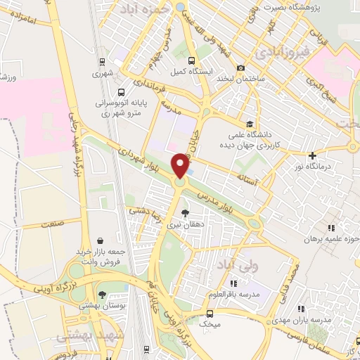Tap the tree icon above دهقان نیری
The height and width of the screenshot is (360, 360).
click(185, 212)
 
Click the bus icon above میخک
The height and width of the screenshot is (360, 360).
click(210, 314)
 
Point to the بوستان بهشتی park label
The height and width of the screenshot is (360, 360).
click(102, 305)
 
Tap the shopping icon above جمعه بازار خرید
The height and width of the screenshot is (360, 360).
click(101, 240)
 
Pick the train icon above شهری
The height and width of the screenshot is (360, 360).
click(103, 61)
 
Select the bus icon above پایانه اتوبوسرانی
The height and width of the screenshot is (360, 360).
click(122, 92)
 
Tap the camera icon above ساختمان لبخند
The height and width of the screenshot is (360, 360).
click(241, 68)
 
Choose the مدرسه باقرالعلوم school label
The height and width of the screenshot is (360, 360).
click(235, 292)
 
